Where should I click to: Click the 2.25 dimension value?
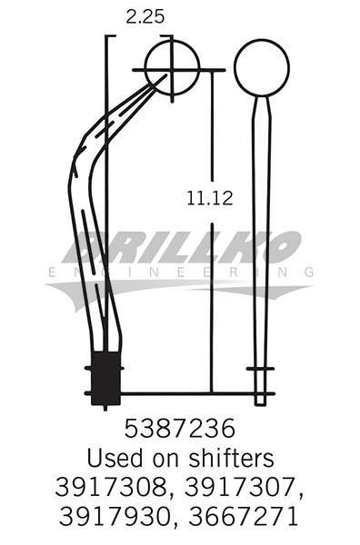pyautogui.click(x=145, y=16)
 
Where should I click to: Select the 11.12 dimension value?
pyautogui.click(x=210, y=198)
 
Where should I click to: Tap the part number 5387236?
pyautogui.click(x=179, y=428)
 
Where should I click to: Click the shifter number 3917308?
pyautogui.click(x=111, y=487)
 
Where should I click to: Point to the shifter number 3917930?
pyautogui.click(x=115, y=516)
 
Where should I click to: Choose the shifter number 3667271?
pyautogui.click(x=244, y=516)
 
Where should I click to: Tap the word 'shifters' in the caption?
pyautogui.click(x=231, y=458)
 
